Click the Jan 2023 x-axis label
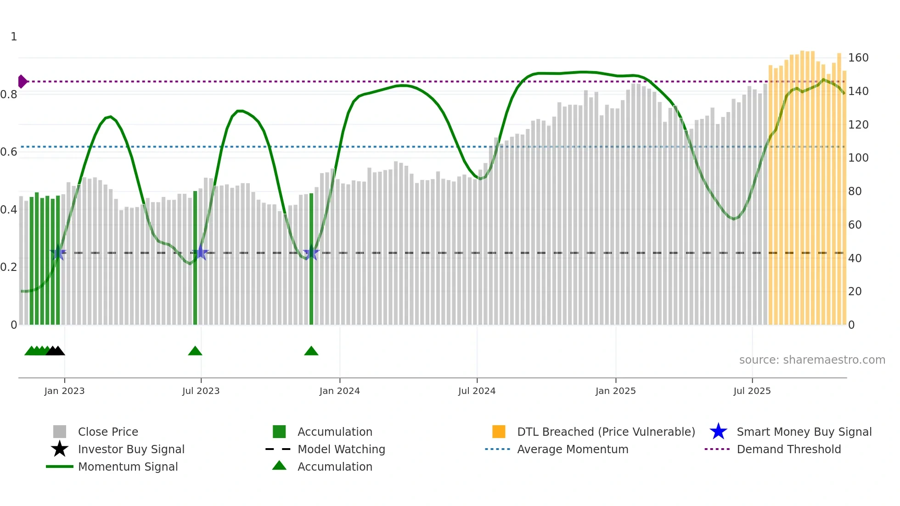(x=64, y=391)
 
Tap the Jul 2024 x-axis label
(x=477, y=391)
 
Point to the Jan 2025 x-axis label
(x=615, y=391)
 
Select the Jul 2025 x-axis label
(x=752, y=391)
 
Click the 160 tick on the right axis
(x=858, y=58)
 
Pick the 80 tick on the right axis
(x=855, y=191)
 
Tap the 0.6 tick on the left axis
(x=9, y=152)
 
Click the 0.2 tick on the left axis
(x=9, y=267)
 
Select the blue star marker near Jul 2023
(x=200, y=253)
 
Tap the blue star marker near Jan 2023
(x=58, y=253)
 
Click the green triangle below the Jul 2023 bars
(x=195, y=351)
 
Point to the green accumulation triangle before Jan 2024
(x=311, y=351)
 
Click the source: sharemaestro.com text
(x=812, y=360)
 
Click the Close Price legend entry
(x=107, y=432)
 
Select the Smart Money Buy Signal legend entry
(x=804, y=432)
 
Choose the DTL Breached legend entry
(x=605, y=432)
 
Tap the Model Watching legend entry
(x=341, y=450)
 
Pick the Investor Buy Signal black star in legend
(x=60, y=450)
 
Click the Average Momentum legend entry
(x=572, y=450)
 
